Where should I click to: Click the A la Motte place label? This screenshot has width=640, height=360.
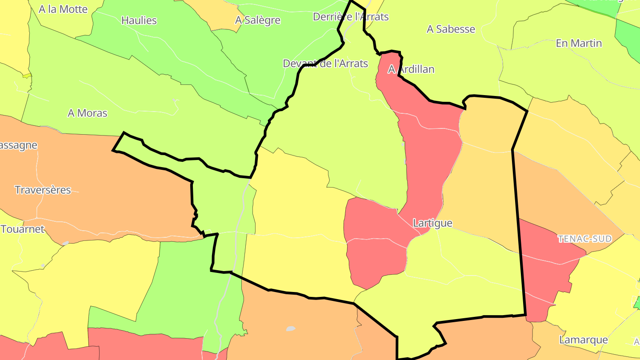(63, 9)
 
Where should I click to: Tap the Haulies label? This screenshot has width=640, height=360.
(139, 20)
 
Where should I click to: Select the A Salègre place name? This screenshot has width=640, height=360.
(258, 20)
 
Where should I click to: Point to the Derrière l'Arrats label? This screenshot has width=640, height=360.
(351, 17)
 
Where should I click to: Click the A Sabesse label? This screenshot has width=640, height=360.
(451, 29)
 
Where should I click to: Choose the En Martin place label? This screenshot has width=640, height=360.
(579, 44)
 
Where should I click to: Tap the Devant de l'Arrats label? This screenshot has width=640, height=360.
(325, 64)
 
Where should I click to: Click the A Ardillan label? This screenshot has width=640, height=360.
(411, 69)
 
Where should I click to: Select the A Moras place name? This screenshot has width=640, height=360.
(88, 113)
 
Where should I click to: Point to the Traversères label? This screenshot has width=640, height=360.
(43, 190)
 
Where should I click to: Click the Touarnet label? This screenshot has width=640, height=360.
(23, 229)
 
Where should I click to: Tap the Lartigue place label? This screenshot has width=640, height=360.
(432, 223)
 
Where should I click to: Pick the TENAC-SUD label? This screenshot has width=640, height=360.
(584, 239)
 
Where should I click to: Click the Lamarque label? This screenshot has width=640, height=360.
(583, 340)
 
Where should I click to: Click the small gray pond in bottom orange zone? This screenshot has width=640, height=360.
(290, 329)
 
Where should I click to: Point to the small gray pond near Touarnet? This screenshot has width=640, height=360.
(65, 243)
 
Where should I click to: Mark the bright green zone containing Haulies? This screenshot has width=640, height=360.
(178, 49)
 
